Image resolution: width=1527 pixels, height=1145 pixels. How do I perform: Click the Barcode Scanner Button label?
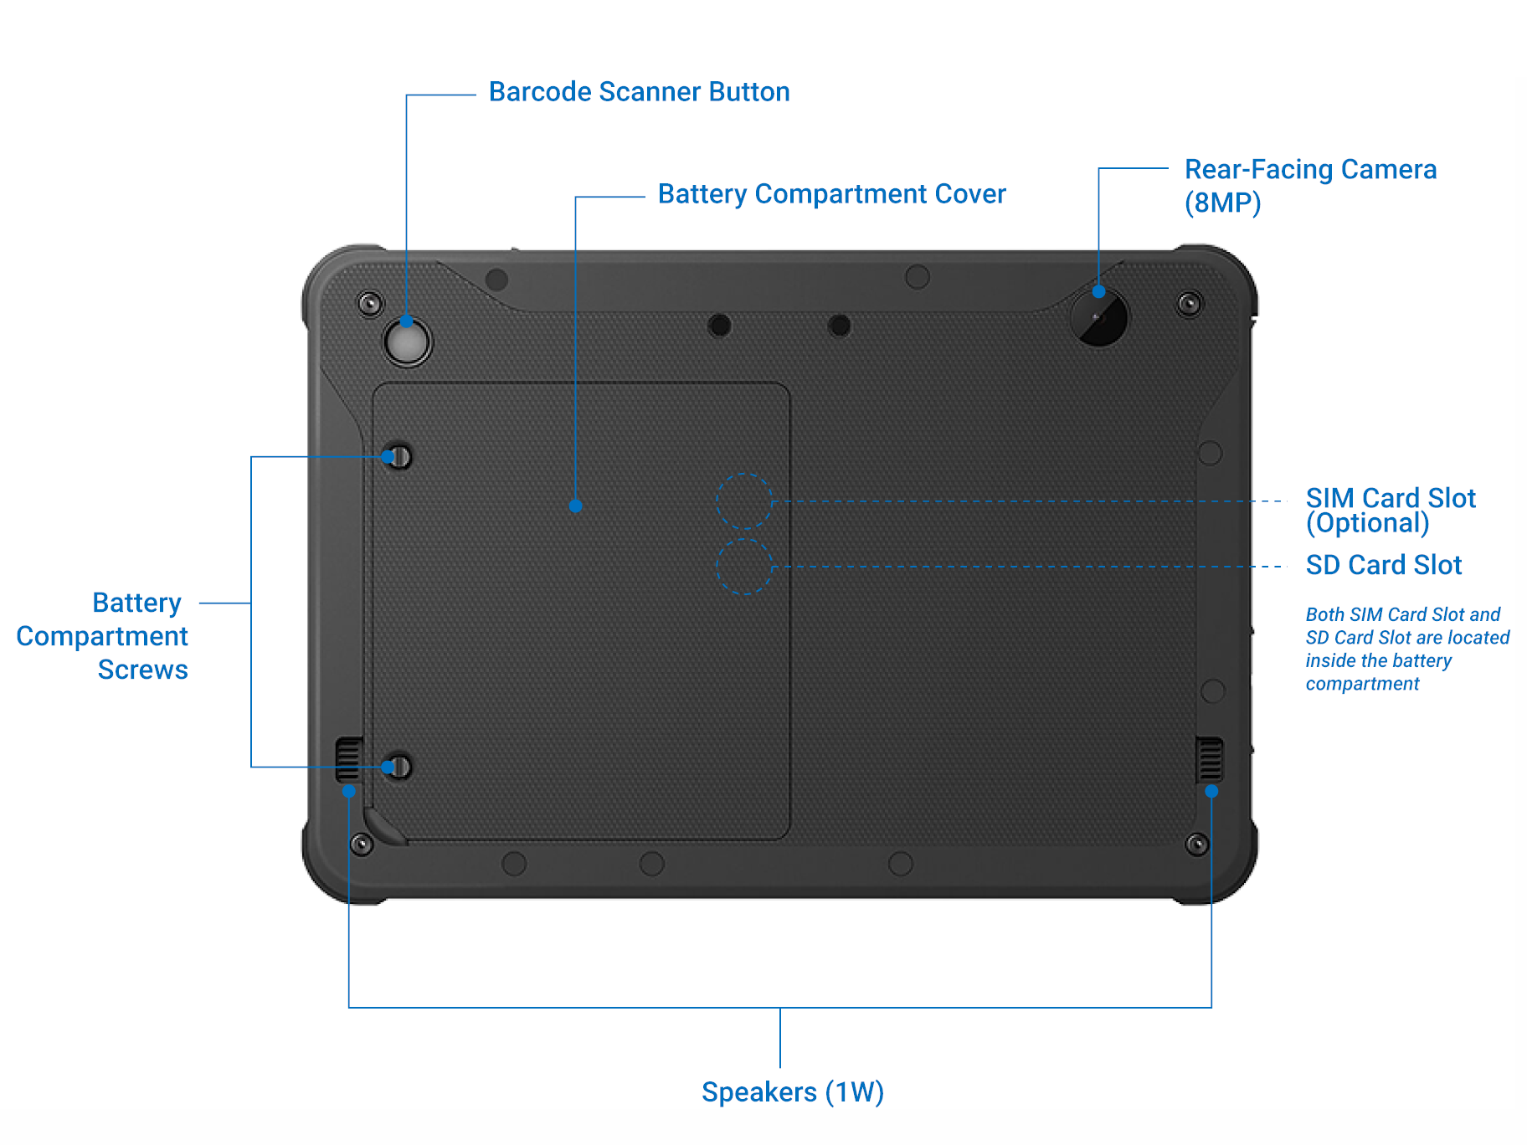point(639,92)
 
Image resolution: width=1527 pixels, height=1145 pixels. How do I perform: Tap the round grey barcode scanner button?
point(407,342)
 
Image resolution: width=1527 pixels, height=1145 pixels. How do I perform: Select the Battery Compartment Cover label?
point(831,194)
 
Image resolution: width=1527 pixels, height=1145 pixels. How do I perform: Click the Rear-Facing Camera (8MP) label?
point(1310,186)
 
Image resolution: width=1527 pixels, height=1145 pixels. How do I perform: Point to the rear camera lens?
point(1099,319)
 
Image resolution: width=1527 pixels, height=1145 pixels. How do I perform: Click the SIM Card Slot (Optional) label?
point(1390,510)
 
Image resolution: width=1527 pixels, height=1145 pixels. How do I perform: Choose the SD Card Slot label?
point(1383,565)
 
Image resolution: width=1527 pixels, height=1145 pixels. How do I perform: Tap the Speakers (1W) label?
point(792,1092)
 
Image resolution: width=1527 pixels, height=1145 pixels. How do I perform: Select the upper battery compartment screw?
point(399,457)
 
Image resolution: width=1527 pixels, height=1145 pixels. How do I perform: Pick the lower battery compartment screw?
point(399,767)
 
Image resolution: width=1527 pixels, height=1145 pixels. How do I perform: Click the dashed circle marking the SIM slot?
point(743,501)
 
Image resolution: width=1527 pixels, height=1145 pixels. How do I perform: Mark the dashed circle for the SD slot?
point(743,567)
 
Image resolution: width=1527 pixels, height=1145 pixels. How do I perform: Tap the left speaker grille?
point(348,758)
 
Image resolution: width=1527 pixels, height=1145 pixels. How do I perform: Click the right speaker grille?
point(1209,758)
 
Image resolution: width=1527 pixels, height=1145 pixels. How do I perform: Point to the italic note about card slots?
point(1406,649)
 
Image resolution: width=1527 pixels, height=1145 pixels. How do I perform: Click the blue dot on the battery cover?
point(575,506)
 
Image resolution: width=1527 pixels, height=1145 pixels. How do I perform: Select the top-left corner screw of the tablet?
point(370,303)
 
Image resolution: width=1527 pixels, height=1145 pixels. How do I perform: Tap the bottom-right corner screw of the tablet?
point(1197,844)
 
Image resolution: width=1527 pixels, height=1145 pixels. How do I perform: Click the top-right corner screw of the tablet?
point(1190,303)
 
